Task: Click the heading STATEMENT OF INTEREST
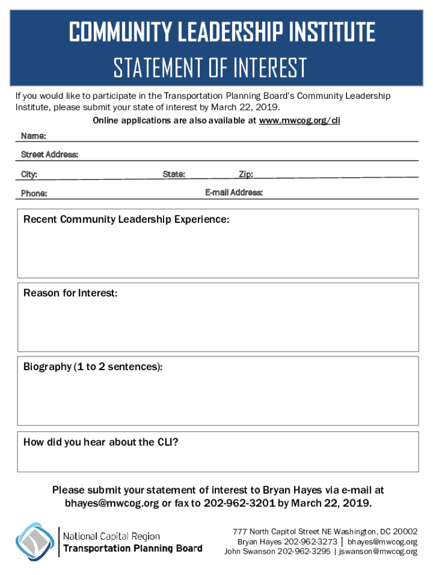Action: (x=210, y=69)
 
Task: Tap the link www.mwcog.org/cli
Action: (x=299, y=121)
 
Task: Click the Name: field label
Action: (x=33, y=136)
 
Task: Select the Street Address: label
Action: (x=49, y=154)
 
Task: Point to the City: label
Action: (x=29, y=175)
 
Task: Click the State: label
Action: (x=174, y=175)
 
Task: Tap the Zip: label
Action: (x=246, y=175)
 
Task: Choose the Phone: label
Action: (x=34, y=194)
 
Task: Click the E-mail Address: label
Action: (x=234, y=193)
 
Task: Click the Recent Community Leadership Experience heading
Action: (x=126, y=220)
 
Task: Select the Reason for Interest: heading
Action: (x=70, y=293)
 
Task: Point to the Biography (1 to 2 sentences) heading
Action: (x=93, y=367)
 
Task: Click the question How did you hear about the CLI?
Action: (x=101, y=442)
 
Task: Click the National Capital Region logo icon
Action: (x=35, y=542)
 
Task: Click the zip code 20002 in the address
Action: (x=405, y=531)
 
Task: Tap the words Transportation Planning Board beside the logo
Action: (x=133, y=549)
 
